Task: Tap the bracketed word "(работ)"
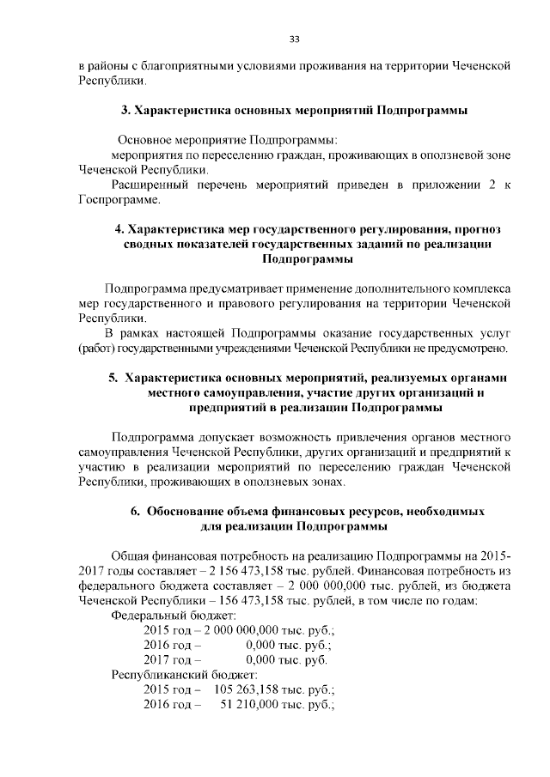(96, 348)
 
